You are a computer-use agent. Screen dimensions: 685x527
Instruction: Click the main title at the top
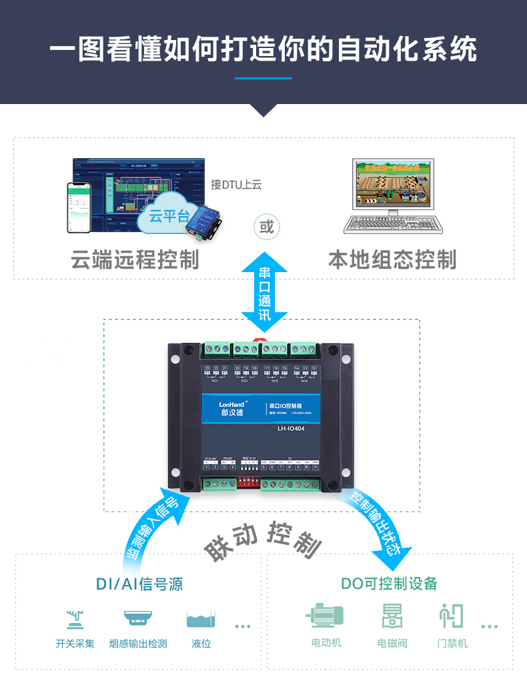pyautogui.click(x=263, y=50)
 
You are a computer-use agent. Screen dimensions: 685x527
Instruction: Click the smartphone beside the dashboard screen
pyautogui.click(x=78, y=207)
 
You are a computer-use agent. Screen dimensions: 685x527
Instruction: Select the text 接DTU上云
pyautogui.click(x=235, y=184)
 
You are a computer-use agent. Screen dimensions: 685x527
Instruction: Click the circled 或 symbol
pyautogui.click(x=266, y=227)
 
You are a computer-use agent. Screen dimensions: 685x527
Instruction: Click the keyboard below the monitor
pyautogui.click(x=393, y=225)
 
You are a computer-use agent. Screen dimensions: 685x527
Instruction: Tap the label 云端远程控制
pyautogui.click(x=135, y=259)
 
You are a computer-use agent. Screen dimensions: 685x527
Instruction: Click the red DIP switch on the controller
pyautogui.click(x=249, y=480)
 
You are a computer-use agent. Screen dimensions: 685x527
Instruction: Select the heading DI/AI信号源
pyautogui.click(x=139, y=584)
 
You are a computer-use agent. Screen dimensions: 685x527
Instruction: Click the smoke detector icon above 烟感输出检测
pyautogui.click(x=138, y=618)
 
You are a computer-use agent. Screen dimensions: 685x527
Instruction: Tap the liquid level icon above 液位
pyautogui.click(x=201, y=619)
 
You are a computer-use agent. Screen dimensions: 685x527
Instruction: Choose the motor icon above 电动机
pyautogui.click(x=326, y=616)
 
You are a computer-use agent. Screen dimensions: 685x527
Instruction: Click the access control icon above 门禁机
pyautogui.click(x=452, y=616)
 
